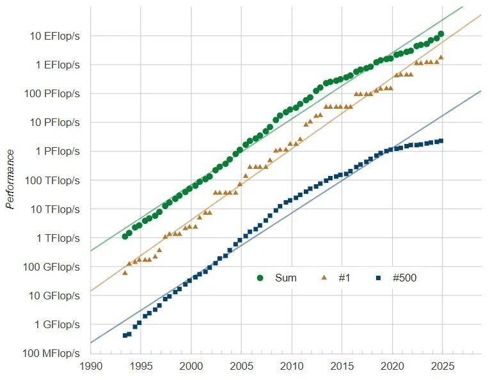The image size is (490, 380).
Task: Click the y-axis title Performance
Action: point(10,179)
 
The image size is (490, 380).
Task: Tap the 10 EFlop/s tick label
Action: point(55,36)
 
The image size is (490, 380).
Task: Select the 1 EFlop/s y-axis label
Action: point(57,65)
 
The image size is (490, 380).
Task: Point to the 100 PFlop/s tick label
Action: point(54,93)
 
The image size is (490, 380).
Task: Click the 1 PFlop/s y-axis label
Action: point(57,151)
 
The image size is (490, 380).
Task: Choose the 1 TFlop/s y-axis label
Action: point(57,238)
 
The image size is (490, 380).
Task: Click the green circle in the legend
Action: point(260,278)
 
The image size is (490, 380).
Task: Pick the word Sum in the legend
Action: point(285,278)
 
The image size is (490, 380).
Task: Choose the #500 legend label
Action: point(404,278)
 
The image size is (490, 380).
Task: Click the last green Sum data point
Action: point(441,34)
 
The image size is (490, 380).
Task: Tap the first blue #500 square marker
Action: point(125,335)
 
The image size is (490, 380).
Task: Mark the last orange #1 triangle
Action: point(441,57)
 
